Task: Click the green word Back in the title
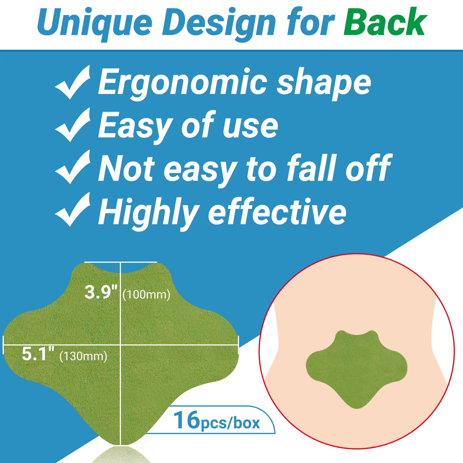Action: tap(385, 22)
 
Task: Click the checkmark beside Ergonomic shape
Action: tap(72, 82)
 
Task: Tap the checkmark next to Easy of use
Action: tap(72, 125)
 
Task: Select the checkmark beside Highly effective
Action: tap(72, 210)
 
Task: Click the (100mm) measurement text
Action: tap(146, 294)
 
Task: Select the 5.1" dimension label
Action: tap(38, 354)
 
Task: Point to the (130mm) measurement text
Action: tap(83, 356)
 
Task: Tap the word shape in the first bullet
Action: tap(324, 84)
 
